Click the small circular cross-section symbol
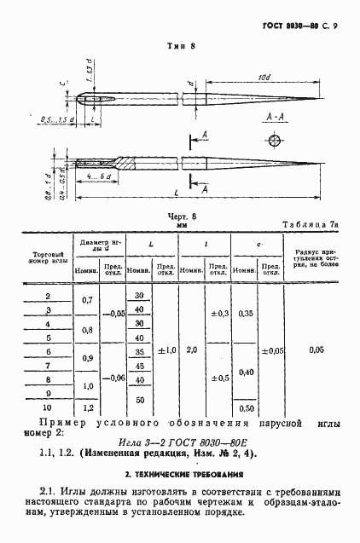tap(275, 140)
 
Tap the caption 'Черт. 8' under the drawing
tap(181, 217)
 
